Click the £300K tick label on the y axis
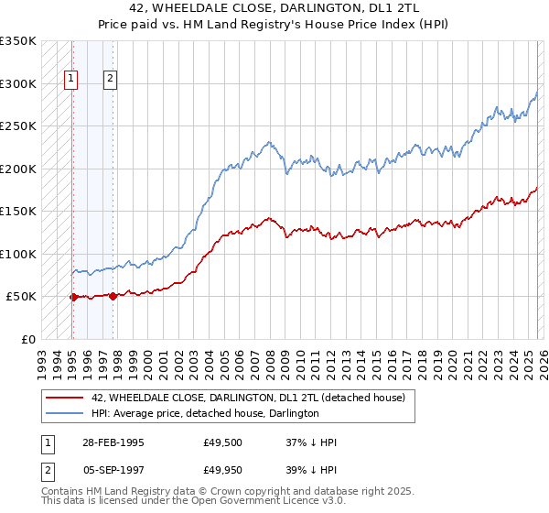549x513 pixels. point(18,83)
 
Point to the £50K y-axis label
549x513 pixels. point(21,297)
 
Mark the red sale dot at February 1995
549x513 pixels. point(72,297)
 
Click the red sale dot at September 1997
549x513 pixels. point(113,296)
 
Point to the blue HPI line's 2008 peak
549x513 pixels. point(269,142)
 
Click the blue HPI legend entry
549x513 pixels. point(205,413)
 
